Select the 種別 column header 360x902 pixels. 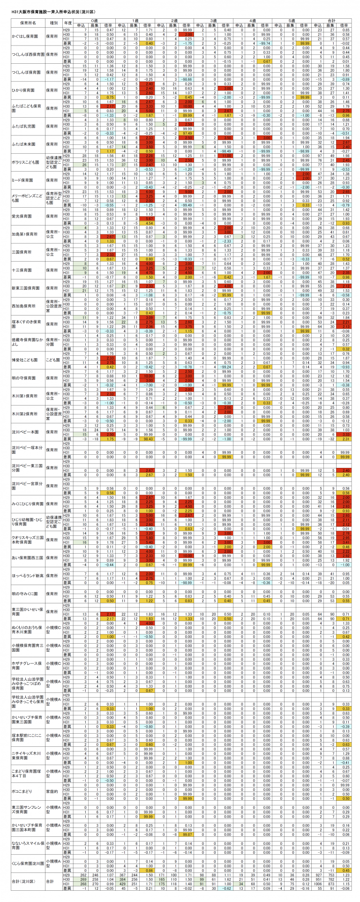point(53,23)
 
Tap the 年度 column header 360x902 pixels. point(67,23)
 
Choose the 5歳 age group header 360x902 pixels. point(293,21)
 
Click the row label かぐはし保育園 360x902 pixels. point(28,36)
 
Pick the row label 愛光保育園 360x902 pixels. point(28,217)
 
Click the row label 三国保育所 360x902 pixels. point(28,252)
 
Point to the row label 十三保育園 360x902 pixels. point(28,271)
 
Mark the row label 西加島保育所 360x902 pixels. point(28,306)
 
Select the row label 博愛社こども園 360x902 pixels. point(28,360)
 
